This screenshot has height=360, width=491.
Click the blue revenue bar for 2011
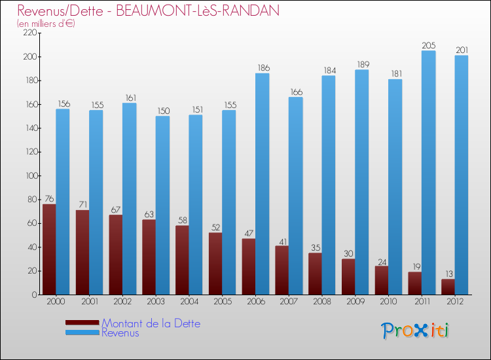428,173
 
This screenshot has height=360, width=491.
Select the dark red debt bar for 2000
49,249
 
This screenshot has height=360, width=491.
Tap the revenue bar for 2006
262,184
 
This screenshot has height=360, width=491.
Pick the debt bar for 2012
448,287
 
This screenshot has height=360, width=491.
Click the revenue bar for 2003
162,206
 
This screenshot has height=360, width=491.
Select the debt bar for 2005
215,264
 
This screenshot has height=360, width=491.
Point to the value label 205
428,45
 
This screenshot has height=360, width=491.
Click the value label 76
49,199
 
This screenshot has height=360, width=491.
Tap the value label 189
361,64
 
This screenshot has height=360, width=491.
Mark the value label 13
448,274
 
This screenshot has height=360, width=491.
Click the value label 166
295,92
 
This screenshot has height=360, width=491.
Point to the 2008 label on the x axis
322,302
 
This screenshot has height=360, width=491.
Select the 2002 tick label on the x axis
122,302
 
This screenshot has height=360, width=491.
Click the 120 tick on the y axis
30,152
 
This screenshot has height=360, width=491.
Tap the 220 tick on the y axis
30,33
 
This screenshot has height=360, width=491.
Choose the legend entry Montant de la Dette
151,323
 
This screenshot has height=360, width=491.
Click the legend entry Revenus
120,333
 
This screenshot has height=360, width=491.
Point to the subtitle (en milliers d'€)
46,24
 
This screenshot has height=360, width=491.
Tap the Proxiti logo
416,331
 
